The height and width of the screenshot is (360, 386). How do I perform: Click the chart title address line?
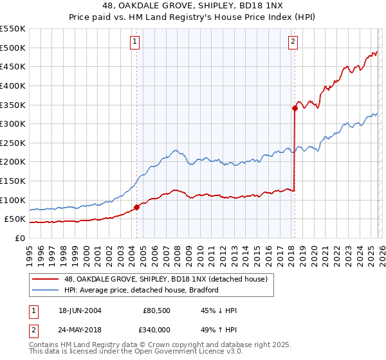tap(193, 6)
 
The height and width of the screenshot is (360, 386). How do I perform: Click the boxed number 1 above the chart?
tap(136, 42)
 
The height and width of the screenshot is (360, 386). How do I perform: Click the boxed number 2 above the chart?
tap(293, 42)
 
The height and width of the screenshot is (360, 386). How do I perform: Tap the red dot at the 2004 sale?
tap(136, 207)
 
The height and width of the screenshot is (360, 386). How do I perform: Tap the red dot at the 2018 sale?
tap(295, 109)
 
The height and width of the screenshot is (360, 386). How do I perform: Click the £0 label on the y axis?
tap(19, 239)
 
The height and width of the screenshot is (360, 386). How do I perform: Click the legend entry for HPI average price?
tap(142, 290)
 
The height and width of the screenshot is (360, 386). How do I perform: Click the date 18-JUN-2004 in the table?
tap(80, 310)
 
